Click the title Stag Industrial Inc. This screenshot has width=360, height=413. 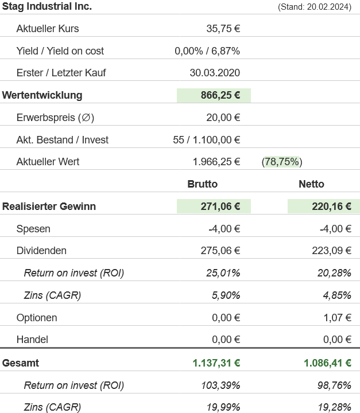point(47,6)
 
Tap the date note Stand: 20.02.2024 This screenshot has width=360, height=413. point(314,7)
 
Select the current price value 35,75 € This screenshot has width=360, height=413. point(223,29)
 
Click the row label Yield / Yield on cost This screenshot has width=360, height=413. point(60,51)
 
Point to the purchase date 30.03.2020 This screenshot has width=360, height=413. point(215,73)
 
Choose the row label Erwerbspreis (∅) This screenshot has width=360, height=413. point(55,118)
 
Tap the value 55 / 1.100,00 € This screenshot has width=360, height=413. point(206,140)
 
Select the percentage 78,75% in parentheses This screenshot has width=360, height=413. point(282,162)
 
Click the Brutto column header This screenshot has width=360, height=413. point(203,184)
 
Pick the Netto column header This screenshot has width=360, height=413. point(311,184)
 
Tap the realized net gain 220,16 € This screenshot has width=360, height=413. point(331,206)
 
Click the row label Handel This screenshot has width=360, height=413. point(32,340)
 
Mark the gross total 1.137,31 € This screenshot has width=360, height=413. point(216,363)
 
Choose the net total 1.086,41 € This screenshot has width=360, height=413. point(327,363)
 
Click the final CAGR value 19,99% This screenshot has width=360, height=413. point(223,407)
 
